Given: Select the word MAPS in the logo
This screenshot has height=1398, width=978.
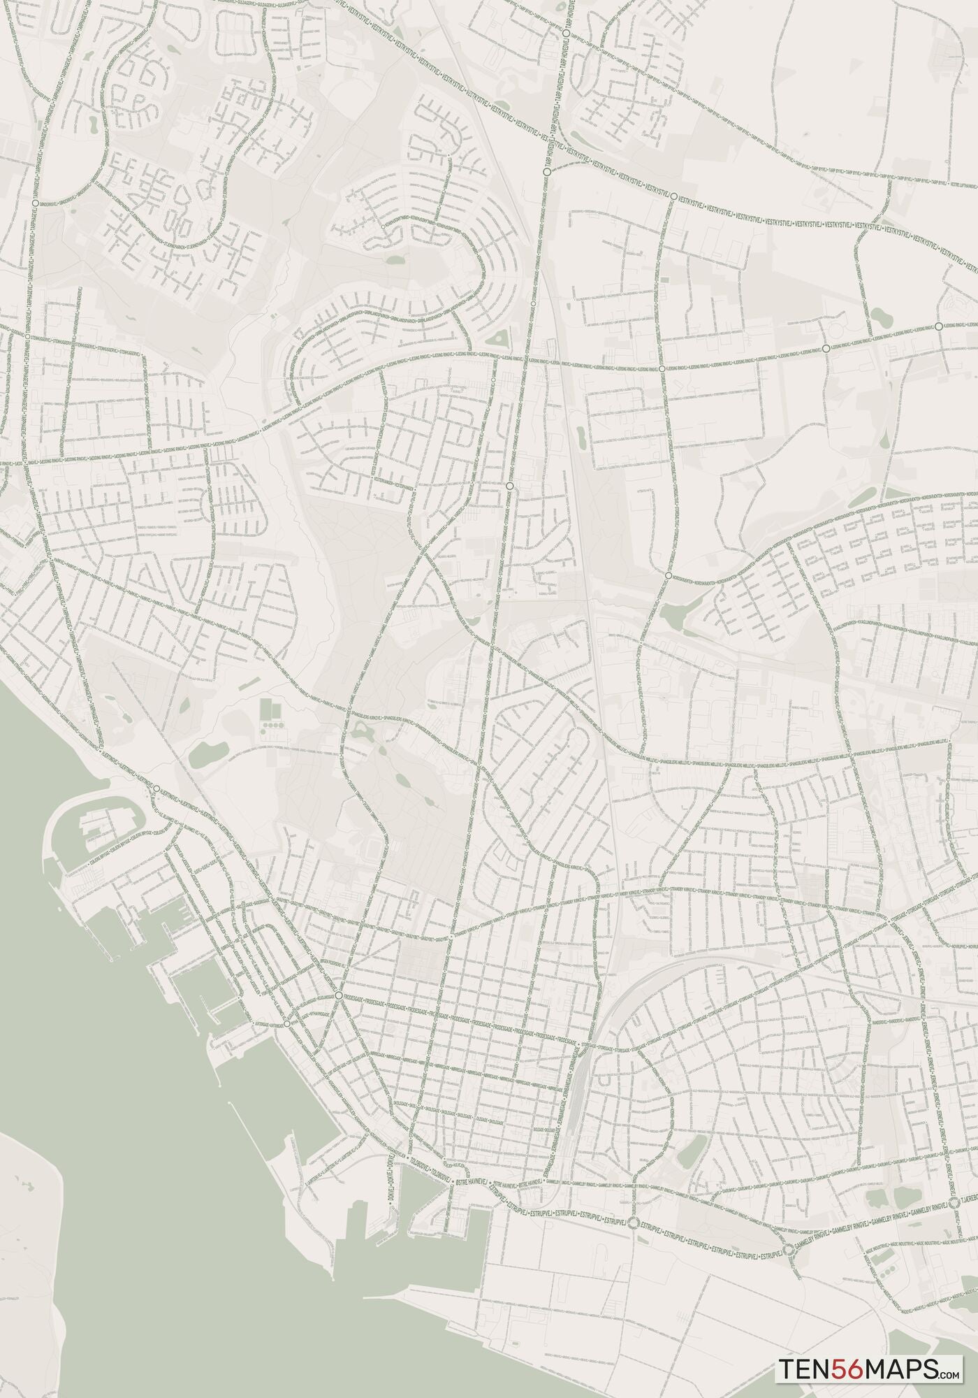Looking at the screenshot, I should click(898, 1366).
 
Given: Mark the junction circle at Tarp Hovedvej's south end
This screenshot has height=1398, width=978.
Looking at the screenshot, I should click(546, 170).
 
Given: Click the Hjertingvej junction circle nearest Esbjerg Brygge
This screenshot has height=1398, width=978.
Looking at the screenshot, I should click(157, 789).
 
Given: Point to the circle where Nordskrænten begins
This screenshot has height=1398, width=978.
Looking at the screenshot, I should click(669, 575).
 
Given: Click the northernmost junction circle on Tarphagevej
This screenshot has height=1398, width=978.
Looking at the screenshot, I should click(34, 202).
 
